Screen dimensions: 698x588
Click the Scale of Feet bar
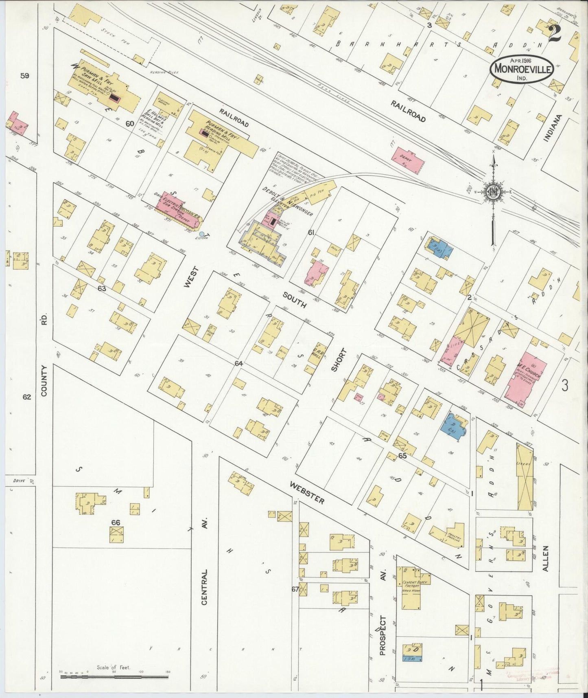(x=114, y=677)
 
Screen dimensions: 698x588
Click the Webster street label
(x=308, y=492)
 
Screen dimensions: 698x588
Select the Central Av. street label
(x=205, y=586)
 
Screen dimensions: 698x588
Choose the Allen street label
(x=546, y=559)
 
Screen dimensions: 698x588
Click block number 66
(x=116, y=522)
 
